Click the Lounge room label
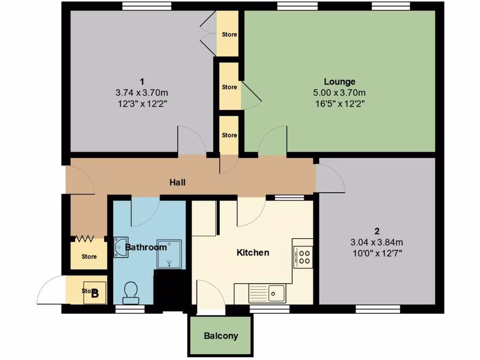tap(339, 82)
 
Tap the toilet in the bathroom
tap(130, 292)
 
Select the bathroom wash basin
tap(120, 247)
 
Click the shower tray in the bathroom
tap(168, 255)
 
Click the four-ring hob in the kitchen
tap(304, 256)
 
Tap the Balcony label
tap(221, 336)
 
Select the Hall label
tap(178, 182)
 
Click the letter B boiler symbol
tap(95, 294)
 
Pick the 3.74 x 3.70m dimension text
tap(142, 93)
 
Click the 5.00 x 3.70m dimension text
tap(339, 93)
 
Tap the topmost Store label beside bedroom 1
tap(229, 34)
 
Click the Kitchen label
tap(253, 253)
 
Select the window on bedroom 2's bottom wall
tap(377, 308)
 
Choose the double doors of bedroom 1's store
tap(207, 33)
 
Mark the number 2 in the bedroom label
tap(377, 231)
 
